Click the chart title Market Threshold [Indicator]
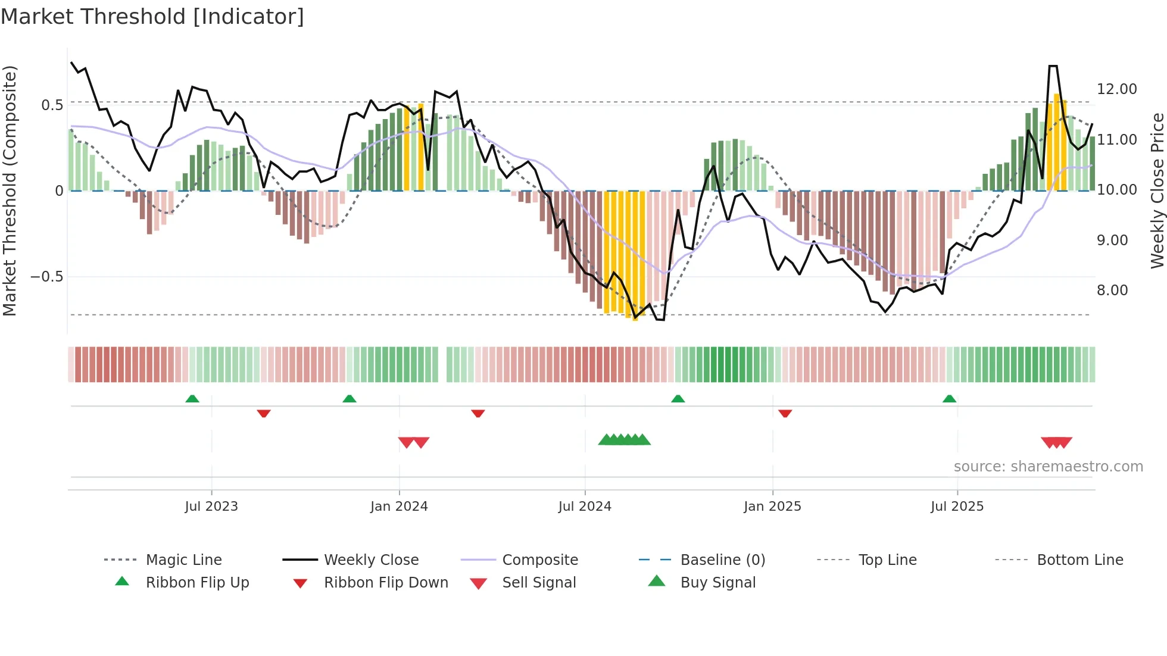point(152,17)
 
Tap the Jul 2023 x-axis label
point(211,507)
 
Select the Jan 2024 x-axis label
point(399,507)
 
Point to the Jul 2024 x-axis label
point(585,507)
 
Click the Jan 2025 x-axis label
point(772,507)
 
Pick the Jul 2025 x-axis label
point(957,507)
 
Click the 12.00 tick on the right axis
point(1116,89)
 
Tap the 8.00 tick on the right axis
point(1112,290)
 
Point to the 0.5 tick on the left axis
point(52,105)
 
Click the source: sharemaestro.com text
point(1048,467)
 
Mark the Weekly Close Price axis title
point(1157,190)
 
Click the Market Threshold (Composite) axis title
point(10,190)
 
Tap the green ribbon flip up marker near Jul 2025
point(949,399)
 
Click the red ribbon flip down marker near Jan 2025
point(785,413)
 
